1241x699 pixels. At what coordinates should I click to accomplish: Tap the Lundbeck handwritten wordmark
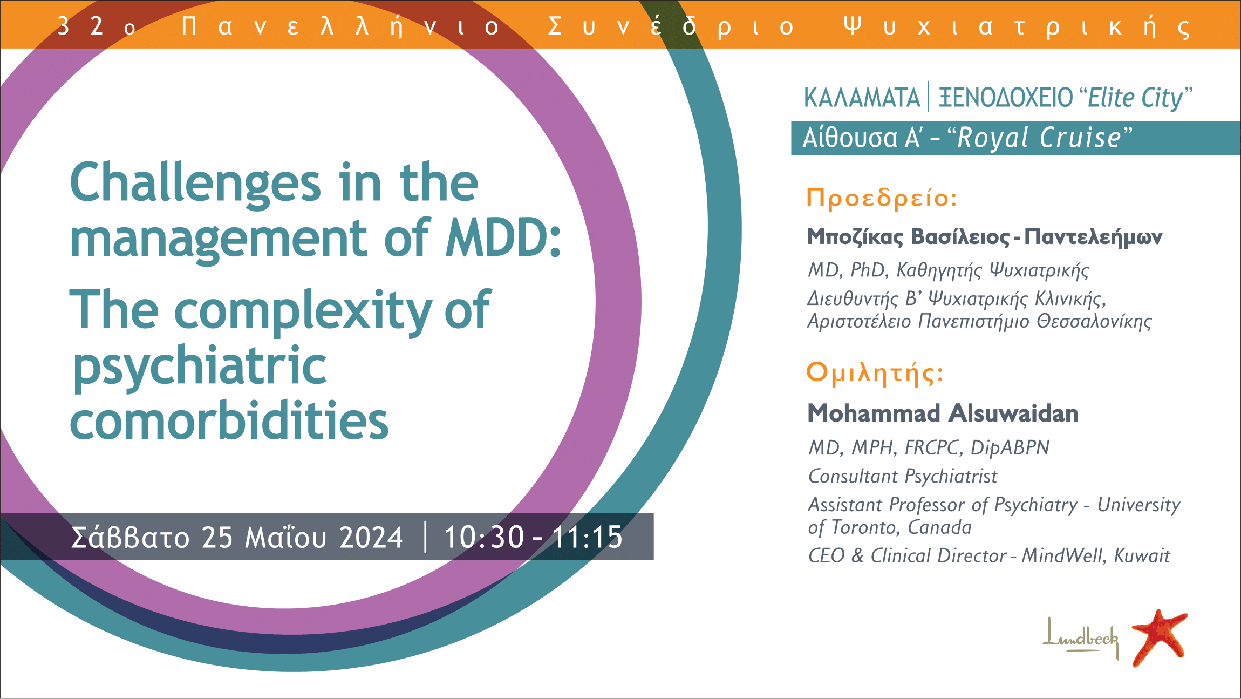[1080, 638]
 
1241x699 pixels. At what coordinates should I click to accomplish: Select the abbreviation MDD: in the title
[503, 237]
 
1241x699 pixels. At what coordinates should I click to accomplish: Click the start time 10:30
[483, 538]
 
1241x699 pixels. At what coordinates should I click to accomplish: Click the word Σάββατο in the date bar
[131, 537]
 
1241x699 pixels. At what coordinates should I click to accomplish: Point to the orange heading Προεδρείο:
[882, 199]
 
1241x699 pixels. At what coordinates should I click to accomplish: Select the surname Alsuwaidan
[1013, 413]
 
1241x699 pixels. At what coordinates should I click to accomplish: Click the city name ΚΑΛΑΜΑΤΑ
[862, 98]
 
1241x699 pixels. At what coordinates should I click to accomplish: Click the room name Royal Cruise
[1039, 138]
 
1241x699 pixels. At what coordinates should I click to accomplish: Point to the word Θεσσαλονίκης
[1094, 322]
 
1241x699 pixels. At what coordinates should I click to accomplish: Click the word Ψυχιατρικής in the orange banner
[1017, 26]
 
